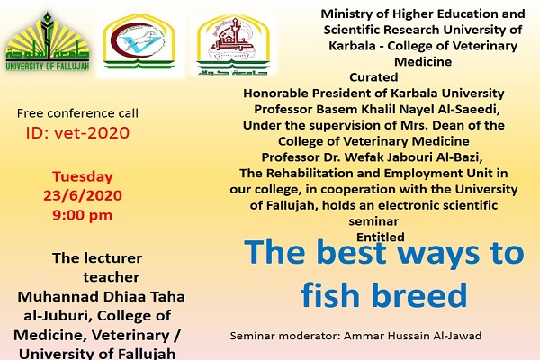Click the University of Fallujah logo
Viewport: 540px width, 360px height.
[x=48, y=41]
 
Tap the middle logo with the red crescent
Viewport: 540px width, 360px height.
[x=139, y=41]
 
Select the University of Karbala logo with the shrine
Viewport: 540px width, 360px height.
[x=233, y=45]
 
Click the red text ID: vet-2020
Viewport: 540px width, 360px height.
[x=77, y=133]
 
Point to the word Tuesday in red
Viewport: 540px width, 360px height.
[x=83, y=177]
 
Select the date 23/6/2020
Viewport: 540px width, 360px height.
[x=83, y=195]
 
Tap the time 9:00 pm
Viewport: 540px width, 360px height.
[x=83, y=215]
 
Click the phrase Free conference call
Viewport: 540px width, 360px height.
[x=77, y=113]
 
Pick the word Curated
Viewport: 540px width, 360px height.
[x=373, y=77]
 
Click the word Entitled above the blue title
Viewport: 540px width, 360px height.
[x=381, y=237]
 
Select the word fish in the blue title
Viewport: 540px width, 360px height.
[x=330, y=294]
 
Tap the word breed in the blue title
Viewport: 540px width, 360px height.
[x=419, y=294]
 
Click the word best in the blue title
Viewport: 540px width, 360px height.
[x=354, y=252]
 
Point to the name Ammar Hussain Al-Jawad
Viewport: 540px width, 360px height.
[x=413, y=336]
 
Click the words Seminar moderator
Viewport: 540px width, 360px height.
[x=285, y=336]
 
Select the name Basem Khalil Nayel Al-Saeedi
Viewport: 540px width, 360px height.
[x=408, y=109]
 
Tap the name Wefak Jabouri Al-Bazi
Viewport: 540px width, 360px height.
[x=414, y=157]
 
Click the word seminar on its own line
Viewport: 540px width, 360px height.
[x=373, y=221]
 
